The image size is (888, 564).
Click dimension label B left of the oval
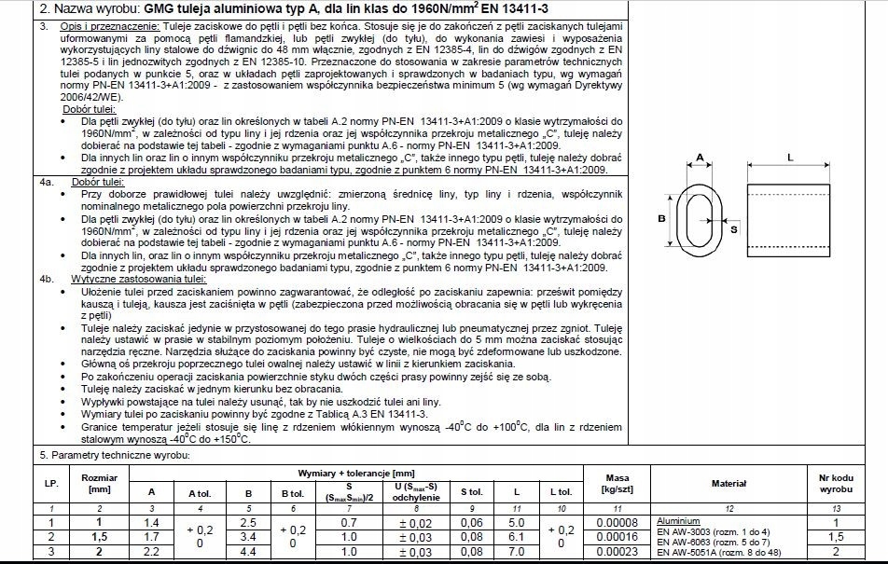661,219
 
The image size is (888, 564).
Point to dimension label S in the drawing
733,227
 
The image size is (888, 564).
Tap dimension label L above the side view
790,158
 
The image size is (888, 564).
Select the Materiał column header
728,484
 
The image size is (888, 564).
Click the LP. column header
50,484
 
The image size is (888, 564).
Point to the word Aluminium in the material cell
679,520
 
